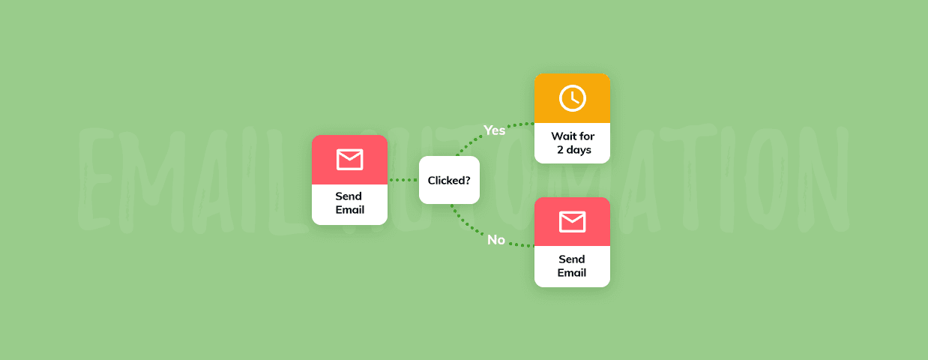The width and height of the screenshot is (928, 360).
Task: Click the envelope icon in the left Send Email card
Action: tap(349, 159)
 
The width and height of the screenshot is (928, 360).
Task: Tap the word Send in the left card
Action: tap(349, 196)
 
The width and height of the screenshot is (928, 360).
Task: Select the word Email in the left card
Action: tap(349, 210)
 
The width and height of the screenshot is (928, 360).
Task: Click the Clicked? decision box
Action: tap(449, 180)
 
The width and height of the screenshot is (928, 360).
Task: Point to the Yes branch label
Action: tap(494, 130)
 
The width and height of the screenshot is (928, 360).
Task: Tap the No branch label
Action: tap(496, 240)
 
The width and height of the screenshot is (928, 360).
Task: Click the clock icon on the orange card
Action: tap(572, 98)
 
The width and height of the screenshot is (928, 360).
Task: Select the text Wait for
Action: tap(573, 136)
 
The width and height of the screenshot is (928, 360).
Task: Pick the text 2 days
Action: tap(573, 150)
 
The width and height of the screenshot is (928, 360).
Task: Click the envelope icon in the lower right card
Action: tap(572, 222)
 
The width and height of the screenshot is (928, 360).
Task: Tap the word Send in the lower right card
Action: tap(572, 259)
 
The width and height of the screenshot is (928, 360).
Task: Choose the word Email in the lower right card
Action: tap(572, 273)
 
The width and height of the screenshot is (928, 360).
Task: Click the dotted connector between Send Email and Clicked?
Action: tap(403, 180)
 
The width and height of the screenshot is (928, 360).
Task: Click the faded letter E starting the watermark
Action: tap(96, 178)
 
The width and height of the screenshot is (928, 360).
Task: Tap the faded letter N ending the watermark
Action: tap(825, 179)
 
